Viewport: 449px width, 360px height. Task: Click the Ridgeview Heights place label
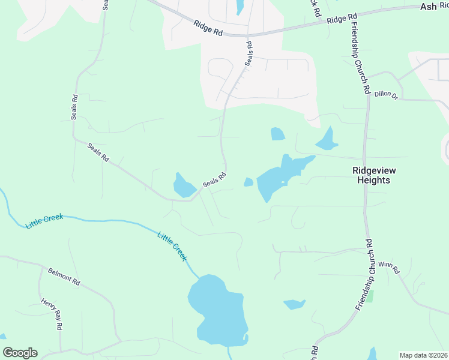370,175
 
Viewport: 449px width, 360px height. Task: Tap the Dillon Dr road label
386,95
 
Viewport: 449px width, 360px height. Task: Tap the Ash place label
429,6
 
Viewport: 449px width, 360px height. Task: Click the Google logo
20,353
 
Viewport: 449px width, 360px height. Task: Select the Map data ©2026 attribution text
423,355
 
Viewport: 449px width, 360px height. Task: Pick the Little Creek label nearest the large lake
173,245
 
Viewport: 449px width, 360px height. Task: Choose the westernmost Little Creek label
44,221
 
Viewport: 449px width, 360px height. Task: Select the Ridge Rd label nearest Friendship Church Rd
342,19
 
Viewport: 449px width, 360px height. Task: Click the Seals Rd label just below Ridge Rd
249,55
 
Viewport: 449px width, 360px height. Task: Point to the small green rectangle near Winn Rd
370,296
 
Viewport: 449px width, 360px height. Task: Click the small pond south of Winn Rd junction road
294,304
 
